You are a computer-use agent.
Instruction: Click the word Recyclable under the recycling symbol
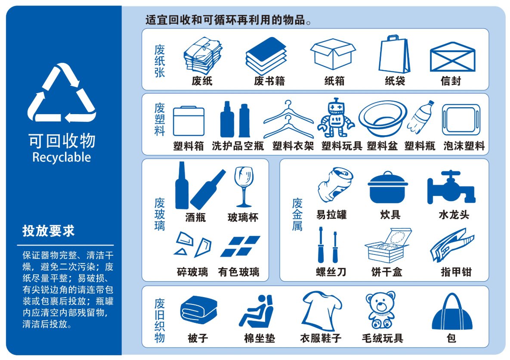pos(62,157)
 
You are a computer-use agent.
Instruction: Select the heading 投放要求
pos(49,231)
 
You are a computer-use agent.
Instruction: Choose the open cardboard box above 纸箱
pos(333,54)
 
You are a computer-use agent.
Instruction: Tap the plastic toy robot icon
pos(336,118)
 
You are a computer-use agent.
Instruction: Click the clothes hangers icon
pos(288,119)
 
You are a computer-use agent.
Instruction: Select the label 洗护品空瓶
pos(238,146)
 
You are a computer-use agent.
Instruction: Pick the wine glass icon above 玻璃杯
pos(244,186)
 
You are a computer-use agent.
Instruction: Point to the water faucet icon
pos(451,187)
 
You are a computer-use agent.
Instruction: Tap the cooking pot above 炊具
pos(388,187)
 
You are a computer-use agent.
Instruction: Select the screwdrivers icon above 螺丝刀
pos(328,245)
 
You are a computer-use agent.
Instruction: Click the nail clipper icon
pos(452,245)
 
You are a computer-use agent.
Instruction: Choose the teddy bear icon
pos(380,310)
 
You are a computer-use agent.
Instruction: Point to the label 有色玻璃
pos(239,272)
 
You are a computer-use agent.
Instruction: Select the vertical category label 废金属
pos(297,214)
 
